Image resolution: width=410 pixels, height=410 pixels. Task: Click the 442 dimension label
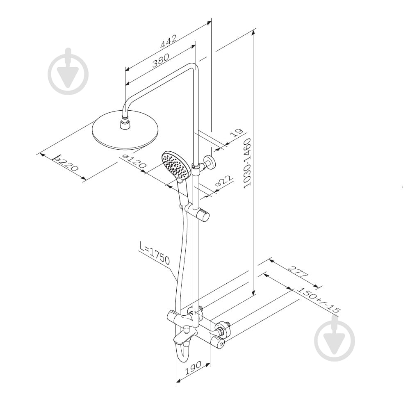coord(169,41)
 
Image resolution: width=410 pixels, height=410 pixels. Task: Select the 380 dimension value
coord(161,60)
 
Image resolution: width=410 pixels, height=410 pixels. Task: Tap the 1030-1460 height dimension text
coord(247,163)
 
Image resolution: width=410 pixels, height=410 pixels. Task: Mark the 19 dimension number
coord(237,133)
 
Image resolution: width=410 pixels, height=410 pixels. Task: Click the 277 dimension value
coord(298,272)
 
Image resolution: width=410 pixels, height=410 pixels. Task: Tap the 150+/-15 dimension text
coord(319,300)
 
